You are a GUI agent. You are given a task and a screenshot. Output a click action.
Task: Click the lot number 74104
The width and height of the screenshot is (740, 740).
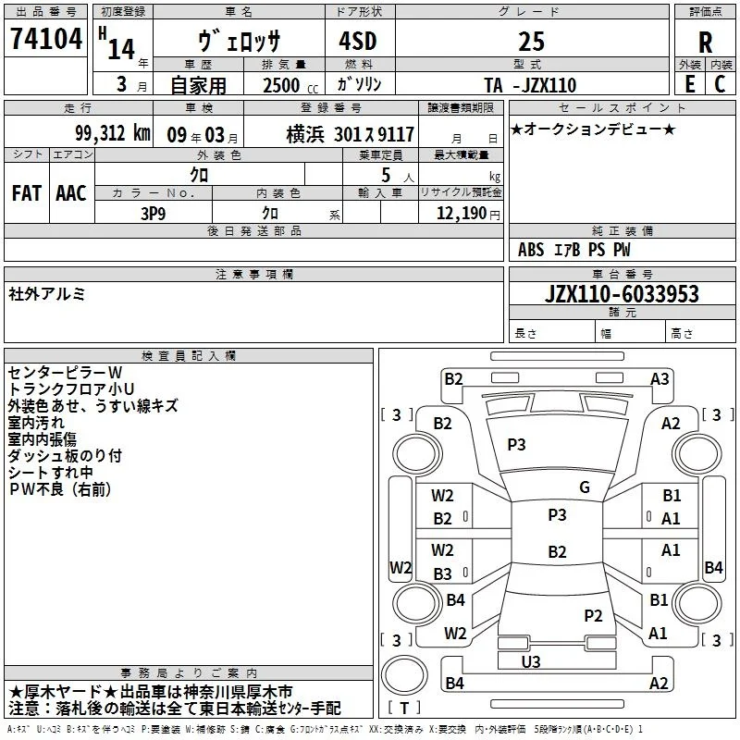tap(45, 38)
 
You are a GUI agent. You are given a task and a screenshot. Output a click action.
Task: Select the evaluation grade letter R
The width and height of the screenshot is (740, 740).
tap(705, 42)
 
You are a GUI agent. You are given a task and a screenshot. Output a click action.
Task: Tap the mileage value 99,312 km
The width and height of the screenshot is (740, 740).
tap(112, 133)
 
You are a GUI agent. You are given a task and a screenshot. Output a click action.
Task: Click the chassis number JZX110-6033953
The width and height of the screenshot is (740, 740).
tap(622, 293)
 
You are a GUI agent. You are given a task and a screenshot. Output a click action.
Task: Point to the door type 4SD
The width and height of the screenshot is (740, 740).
tap(358, 41)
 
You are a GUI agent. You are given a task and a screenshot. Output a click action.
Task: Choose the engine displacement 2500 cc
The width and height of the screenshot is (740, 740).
tap(290, 85)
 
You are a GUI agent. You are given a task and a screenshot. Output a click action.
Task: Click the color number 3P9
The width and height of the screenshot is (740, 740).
tap(153, 214)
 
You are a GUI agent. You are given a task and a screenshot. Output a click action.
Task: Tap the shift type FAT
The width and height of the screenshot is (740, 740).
tap(27, 193)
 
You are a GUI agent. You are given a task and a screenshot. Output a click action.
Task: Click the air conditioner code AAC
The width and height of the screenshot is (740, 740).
tap(71, 193)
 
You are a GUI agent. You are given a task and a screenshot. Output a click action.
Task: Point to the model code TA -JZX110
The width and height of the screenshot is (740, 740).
tap(530, 85)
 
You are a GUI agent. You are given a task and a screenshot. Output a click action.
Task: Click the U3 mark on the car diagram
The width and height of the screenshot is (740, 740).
tap(531, 661)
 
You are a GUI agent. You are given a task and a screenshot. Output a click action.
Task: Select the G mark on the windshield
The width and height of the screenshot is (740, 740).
tap(585, 487)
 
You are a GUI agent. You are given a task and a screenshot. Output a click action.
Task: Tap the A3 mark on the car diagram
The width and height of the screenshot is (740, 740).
tap(660, 379)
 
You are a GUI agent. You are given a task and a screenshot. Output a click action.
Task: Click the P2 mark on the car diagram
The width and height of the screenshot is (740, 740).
tap(593, 615)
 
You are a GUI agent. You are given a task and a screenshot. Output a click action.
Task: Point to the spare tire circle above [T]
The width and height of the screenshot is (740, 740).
tap(404, 674)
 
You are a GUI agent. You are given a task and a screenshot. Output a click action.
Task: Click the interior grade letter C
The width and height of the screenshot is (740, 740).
tap(720, 84)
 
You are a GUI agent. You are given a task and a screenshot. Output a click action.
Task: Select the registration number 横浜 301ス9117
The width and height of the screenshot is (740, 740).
tap(351, 134)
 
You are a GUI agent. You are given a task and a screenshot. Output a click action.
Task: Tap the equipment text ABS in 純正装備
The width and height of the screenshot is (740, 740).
tap(530, 250)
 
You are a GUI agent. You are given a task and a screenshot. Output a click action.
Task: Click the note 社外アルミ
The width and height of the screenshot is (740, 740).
tap(47, 294)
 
